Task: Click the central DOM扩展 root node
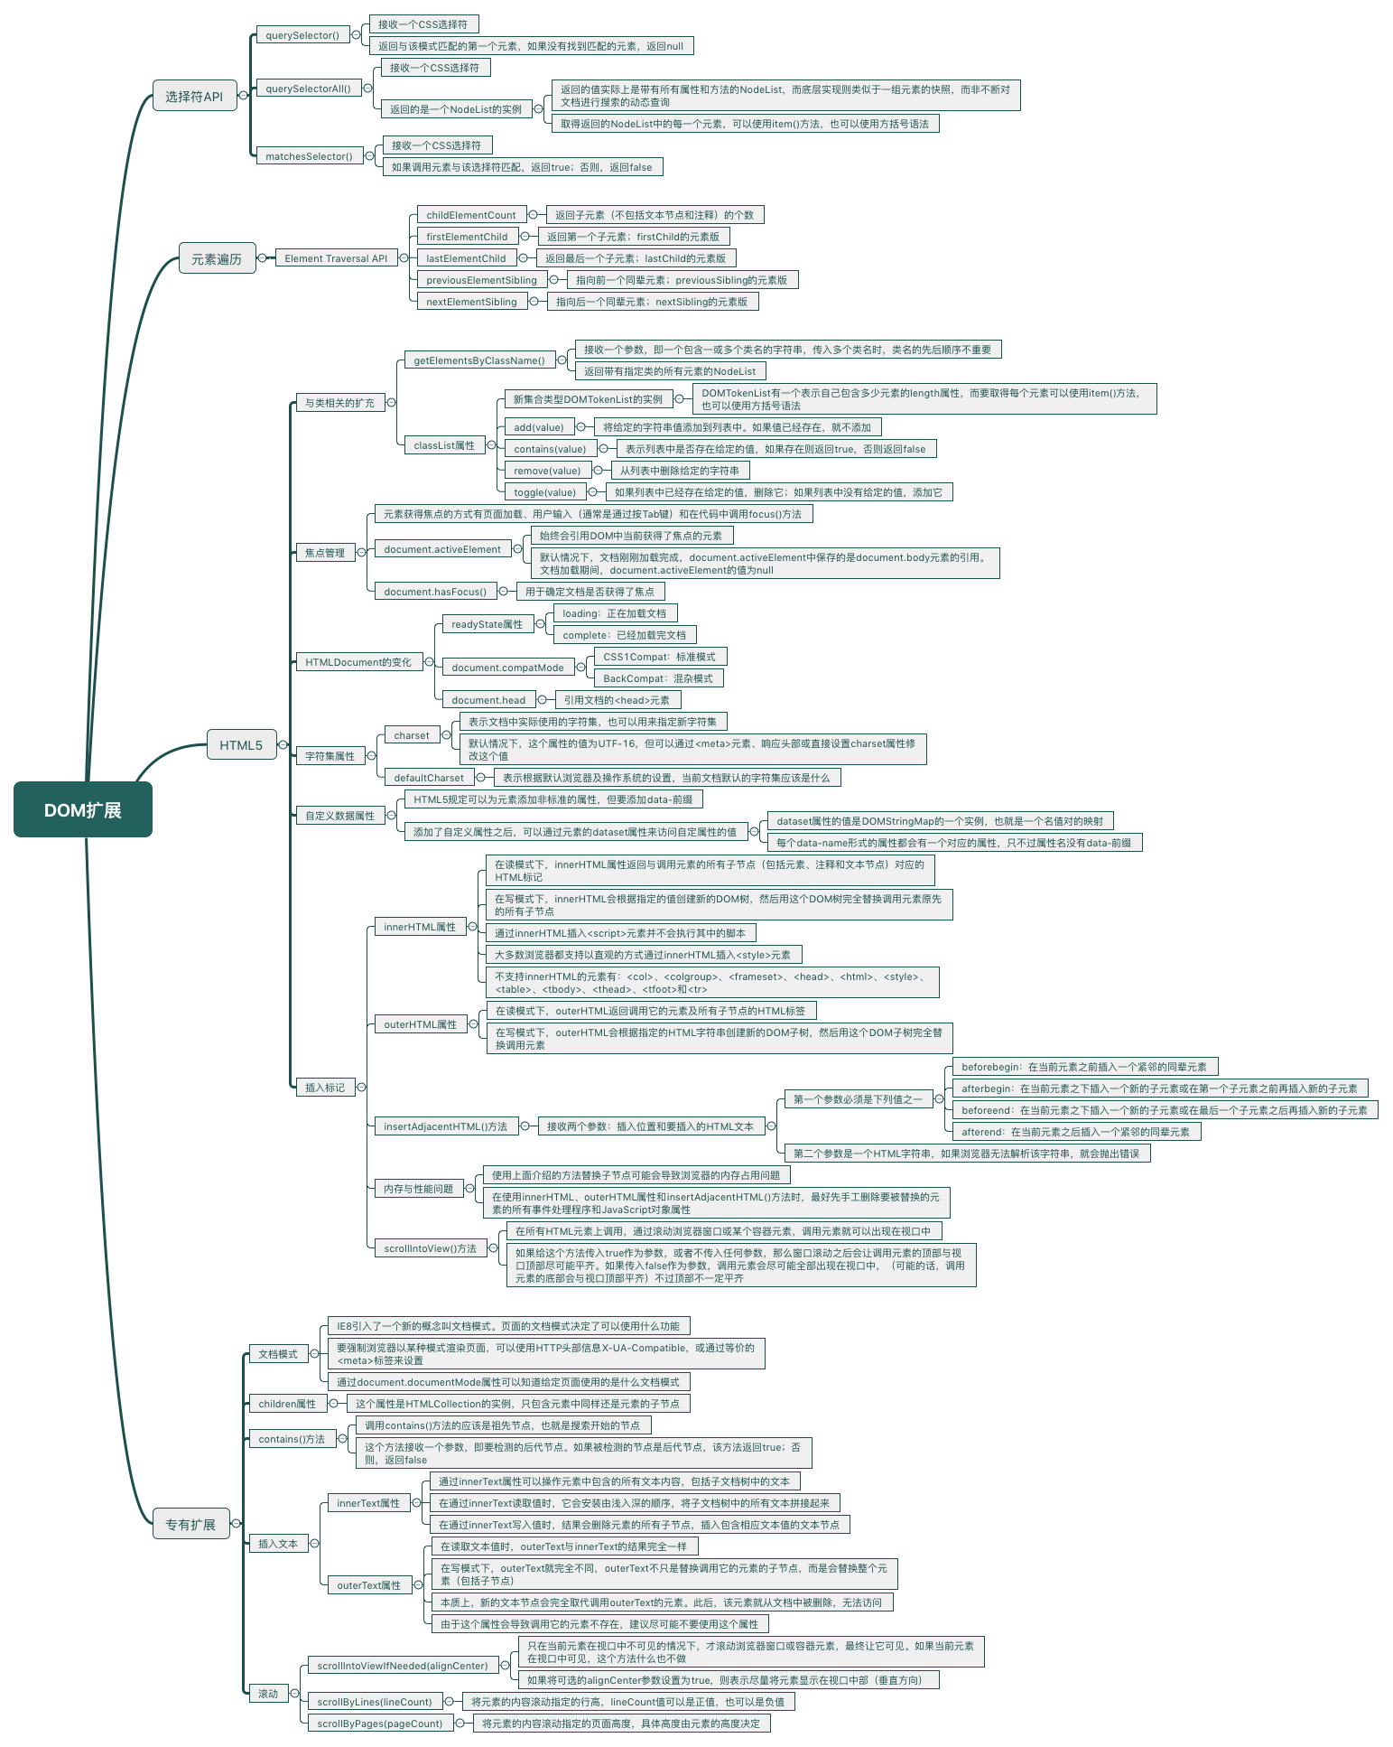[83, 810]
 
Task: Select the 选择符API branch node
[194, 97]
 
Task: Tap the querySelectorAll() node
[308, 89]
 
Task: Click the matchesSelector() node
[309, 156]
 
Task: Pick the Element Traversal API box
[336, 258]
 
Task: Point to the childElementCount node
[470, 215]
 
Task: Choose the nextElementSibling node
[471, 302]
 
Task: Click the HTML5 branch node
[241, 745]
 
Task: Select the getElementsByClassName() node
[478, 360]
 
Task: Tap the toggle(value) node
[544, 492]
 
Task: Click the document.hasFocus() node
[435, 592]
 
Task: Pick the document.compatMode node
[507, 668]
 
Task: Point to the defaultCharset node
[428, 778]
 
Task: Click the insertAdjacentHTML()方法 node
[445, 1126]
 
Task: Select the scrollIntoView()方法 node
[430, 1248]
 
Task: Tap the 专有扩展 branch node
[190, 1525]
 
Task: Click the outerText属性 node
[368, 1585]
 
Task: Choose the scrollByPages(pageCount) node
[379, 1724]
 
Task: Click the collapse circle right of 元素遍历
[262, 258]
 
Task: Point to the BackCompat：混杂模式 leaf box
[658, 678]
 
